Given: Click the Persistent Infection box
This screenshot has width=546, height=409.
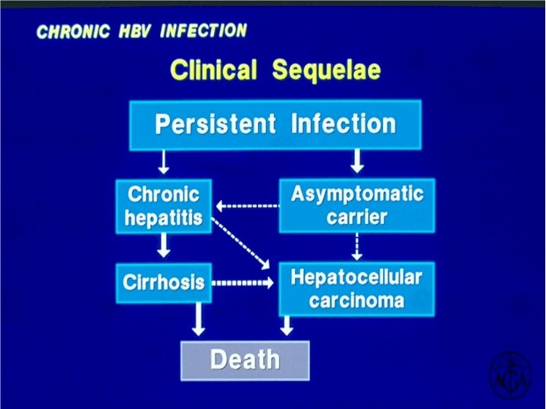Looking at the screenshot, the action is (x=275, y=124).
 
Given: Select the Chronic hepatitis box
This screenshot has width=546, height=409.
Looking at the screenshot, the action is (x=164, y=205).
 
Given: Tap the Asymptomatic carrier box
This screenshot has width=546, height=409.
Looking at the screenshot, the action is (x=357, y=205).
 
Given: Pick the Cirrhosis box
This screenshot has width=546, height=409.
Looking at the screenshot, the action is (x=164, y=283).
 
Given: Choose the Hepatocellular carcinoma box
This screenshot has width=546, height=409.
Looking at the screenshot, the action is (x=356, y=289).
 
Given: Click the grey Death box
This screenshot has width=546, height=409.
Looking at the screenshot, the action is (x=245, y=360).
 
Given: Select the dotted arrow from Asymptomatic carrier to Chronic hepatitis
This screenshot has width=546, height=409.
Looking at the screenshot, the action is (x=246, y=205).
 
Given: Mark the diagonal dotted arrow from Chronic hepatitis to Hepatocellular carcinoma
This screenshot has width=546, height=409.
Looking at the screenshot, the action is (x=241, y=242).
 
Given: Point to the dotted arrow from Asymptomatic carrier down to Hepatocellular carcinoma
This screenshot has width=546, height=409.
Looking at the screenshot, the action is (x=357, y=246).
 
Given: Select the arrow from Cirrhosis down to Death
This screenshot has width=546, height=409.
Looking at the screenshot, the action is (x=199, y=320).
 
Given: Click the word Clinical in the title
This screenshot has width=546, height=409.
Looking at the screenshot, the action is (x=215, y=70).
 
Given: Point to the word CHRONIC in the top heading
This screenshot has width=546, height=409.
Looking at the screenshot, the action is (x=73, y=33).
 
